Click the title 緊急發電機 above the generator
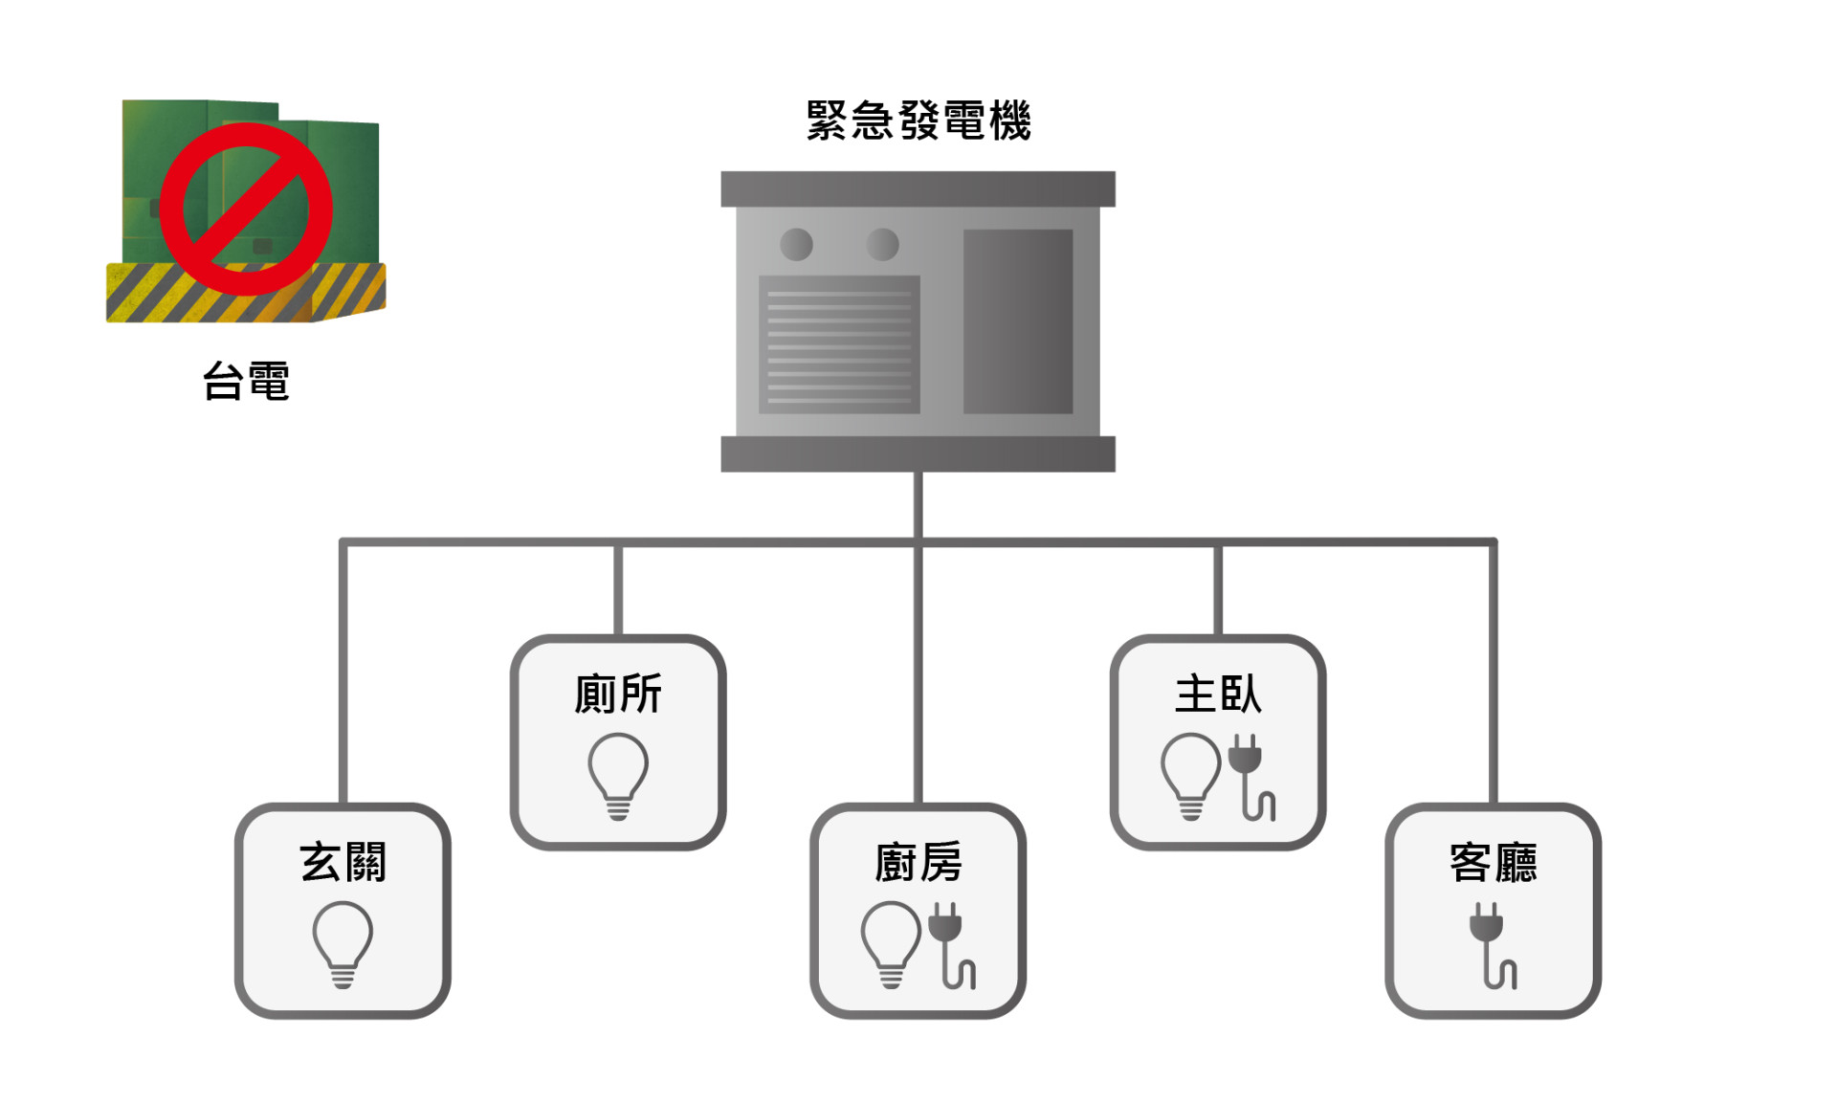tap(918, 121)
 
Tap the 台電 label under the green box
tap(246, 381)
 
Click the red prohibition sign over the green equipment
tap(246, 209)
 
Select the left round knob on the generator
tap(796, 245)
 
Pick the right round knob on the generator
tap(882, 245)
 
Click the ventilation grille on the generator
tap(839, 344)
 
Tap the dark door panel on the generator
tap(1018, 321)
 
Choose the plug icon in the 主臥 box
tap(1251, 777)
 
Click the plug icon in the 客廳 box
tap(1494, 945)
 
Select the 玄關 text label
tap(343, 862)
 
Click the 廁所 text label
tap(618, 694)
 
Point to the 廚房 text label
tap(918, 862)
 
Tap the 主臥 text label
tap(1218, 694)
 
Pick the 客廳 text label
tap(1494, 862)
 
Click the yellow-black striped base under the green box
tap(246, 293)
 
